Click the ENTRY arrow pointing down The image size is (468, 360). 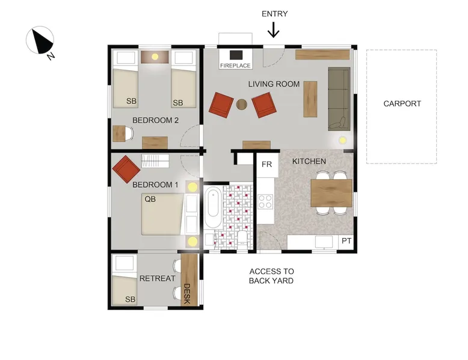273,30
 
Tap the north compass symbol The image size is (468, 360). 40,41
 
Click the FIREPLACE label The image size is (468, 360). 235,66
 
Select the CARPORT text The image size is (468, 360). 402,104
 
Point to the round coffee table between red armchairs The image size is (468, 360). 242,105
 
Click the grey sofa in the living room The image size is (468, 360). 339,99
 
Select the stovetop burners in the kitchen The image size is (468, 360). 265,201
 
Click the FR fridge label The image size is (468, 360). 266,164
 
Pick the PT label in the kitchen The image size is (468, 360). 346,240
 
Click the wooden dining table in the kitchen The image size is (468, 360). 331,193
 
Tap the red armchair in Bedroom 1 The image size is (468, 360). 126,169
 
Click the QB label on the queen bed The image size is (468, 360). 150,199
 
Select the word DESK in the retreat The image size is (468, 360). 187,294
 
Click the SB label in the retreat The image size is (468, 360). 130,299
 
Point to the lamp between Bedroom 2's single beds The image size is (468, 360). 155,56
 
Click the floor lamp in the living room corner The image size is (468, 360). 342,140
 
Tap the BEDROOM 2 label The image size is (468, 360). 156,120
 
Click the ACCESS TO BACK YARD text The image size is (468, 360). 271,276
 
